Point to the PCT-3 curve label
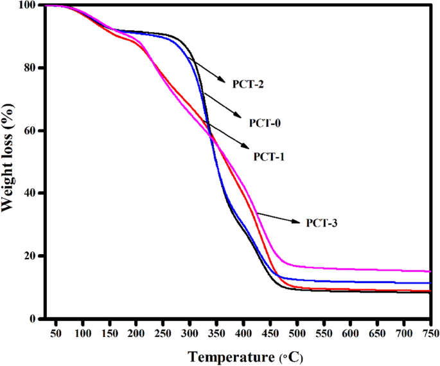pyautogui.click(x=321, y=223)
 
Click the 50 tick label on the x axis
pyautogui.click(x=56, y=333)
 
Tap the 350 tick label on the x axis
pyautogui.click(x=216, y=333)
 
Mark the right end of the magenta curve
pyautogui.click(x=429, y=271)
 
